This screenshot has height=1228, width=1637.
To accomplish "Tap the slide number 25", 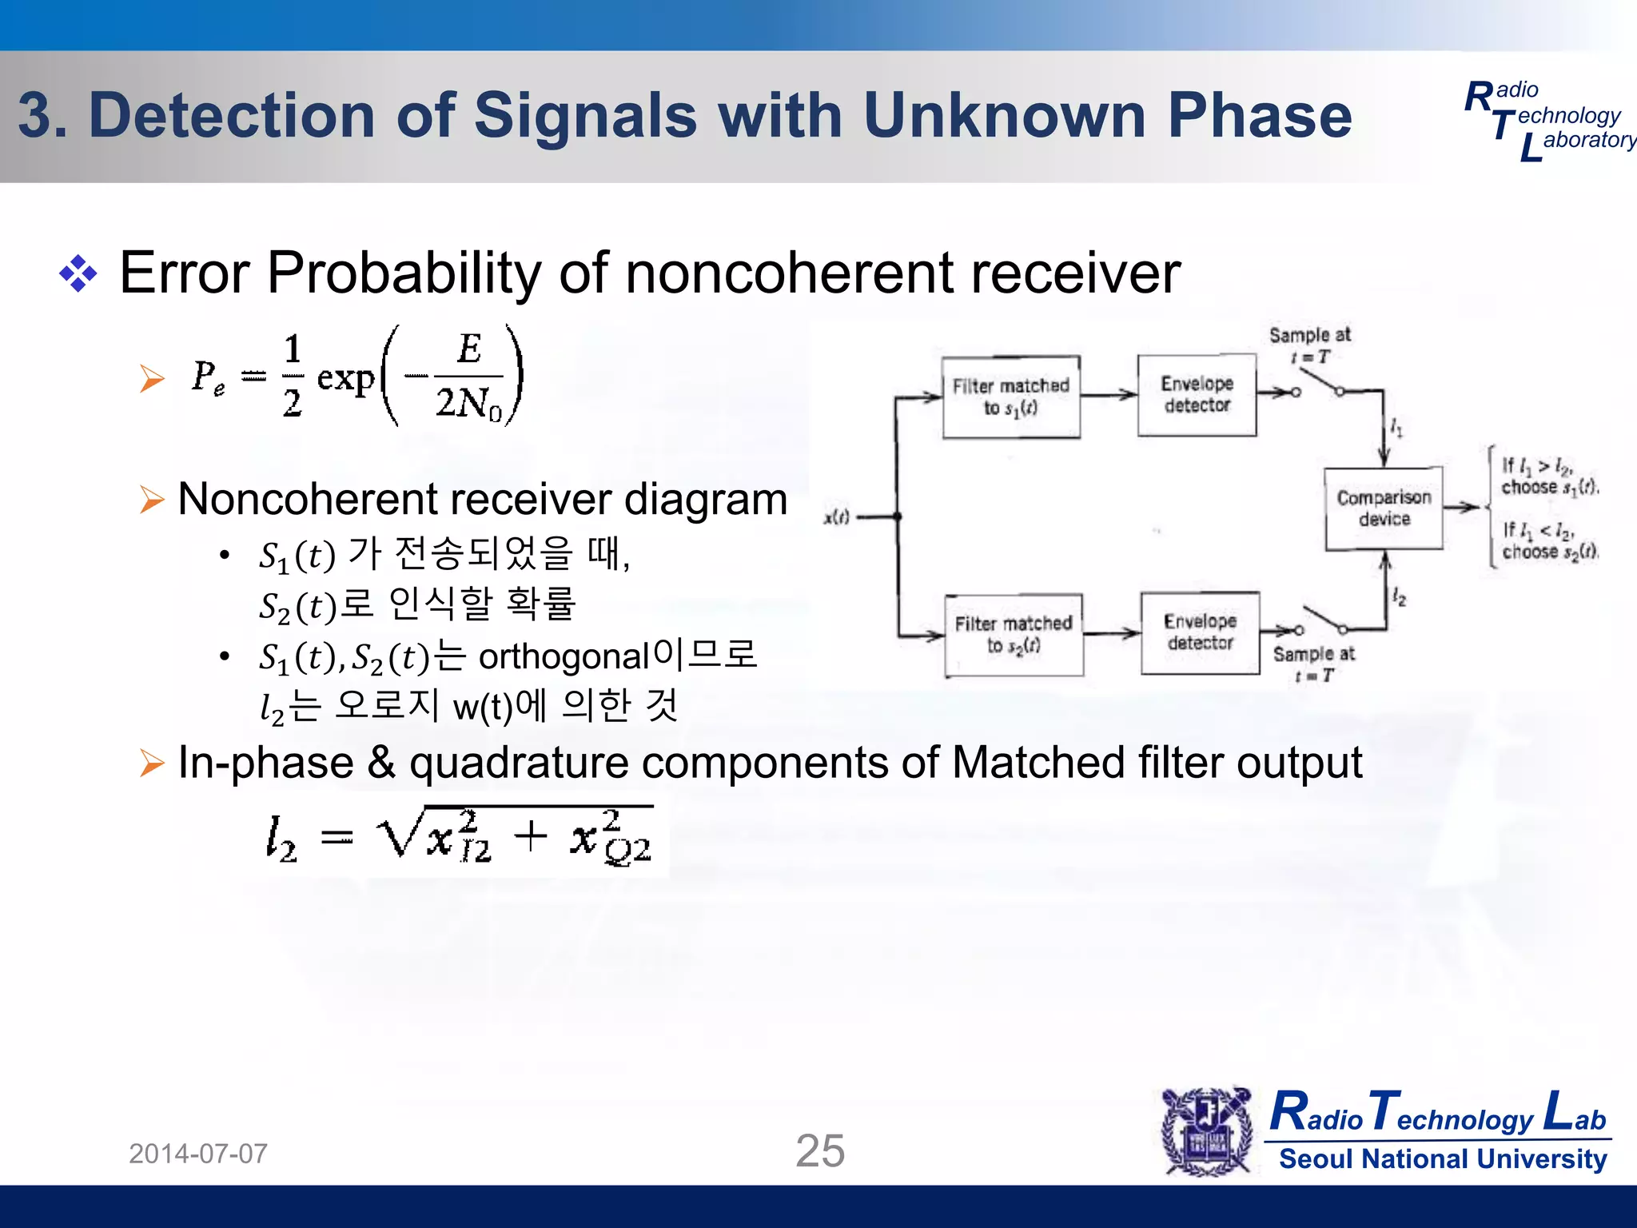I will coord(820,1151).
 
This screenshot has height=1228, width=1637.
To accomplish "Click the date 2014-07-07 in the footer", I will coord(198,1154).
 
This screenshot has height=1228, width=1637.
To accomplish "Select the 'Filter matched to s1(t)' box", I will coord(1011,397).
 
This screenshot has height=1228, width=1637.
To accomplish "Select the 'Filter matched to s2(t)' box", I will coord(1014,635).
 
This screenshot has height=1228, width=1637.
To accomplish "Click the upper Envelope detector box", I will coord(1197,395).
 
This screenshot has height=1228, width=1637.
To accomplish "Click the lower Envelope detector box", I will coord(1200,632).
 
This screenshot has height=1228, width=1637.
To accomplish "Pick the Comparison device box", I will coord(1384,508).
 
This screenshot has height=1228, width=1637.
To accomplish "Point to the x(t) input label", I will coord(836,517).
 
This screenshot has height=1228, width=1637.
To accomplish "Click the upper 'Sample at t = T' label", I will coord(1309,345).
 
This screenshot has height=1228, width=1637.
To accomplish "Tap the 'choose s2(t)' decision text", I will coord(1548,552).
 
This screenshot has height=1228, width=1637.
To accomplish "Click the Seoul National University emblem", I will coord(1206,1131).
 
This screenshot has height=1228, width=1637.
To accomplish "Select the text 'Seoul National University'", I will coord(1443,1159).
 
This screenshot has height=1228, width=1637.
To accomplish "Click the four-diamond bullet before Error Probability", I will coord(78,274).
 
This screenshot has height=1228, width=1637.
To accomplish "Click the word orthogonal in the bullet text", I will coord(563,657).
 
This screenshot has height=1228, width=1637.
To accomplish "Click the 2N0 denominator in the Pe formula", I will coord(468,403).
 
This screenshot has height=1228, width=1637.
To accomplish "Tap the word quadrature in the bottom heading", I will coord(519,763).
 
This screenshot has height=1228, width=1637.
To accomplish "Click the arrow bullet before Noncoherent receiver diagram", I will coord(152,500).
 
